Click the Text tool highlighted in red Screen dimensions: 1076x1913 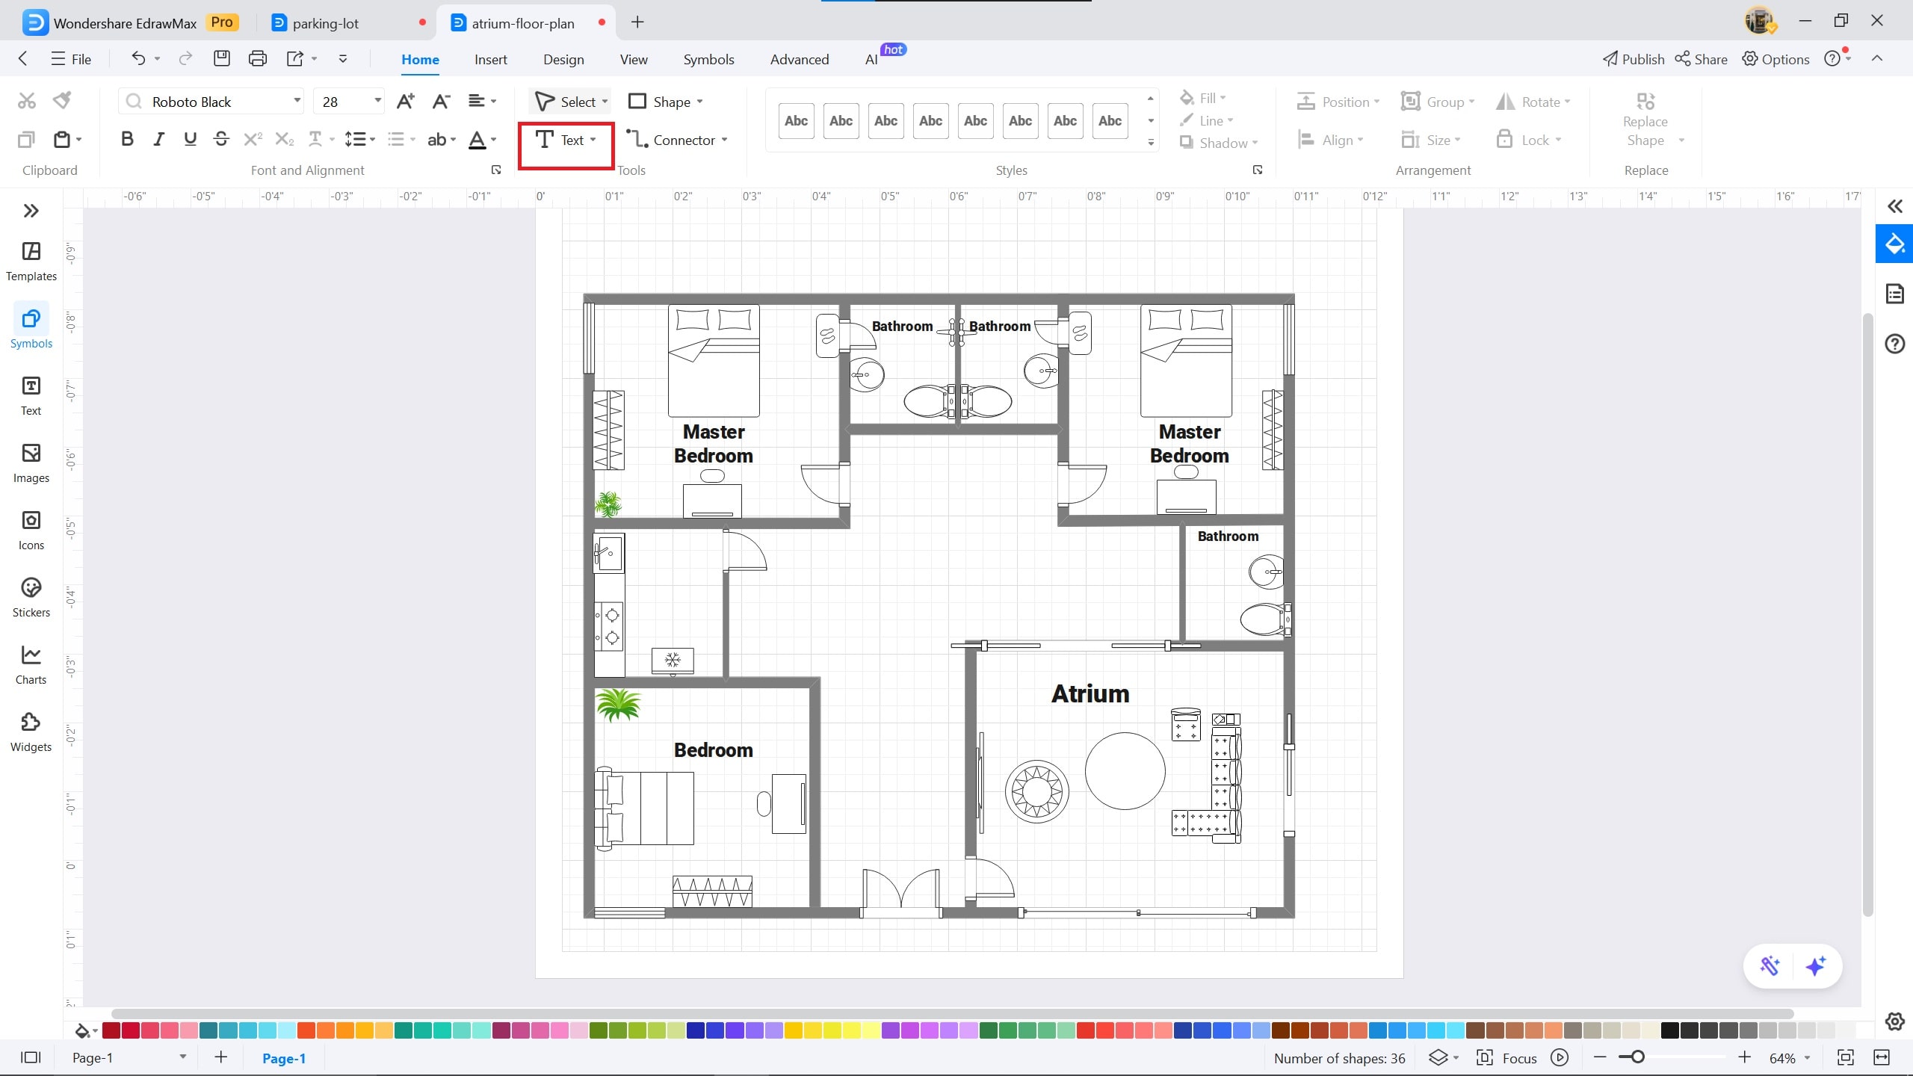pos(565,140)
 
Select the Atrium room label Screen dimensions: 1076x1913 pos(1090,693)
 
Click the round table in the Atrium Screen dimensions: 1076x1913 pos(1125,771)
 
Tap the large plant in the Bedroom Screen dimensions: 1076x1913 pos(618,705)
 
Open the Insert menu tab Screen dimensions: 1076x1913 pos(490,60)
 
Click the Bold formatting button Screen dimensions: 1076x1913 pos(127,139)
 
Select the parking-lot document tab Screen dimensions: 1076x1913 pos(326,23)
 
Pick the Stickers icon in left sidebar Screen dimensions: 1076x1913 pos(31,597)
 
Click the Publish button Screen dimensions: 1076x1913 pos(1634,60)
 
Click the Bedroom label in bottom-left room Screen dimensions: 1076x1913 pos(713,750)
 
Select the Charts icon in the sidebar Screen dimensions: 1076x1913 pos(31,664)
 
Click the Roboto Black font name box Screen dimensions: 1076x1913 pos(213,102)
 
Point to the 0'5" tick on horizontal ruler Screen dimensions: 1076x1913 pos(889,197)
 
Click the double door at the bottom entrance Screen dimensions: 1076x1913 pos(900,893)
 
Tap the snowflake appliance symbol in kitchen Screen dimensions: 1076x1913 pos(673,660)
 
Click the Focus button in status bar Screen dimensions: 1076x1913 pos(1506,1058)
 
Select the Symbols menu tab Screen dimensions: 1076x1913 pos(708,60)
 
